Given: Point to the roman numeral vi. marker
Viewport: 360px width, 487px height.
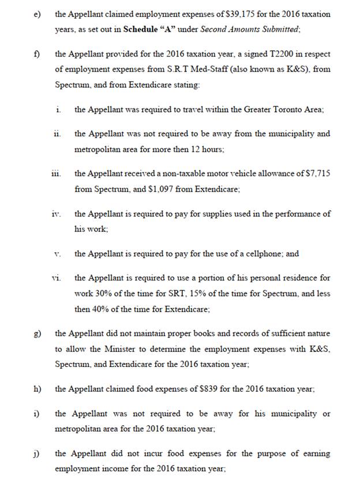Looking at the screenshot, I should [56, 278].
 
